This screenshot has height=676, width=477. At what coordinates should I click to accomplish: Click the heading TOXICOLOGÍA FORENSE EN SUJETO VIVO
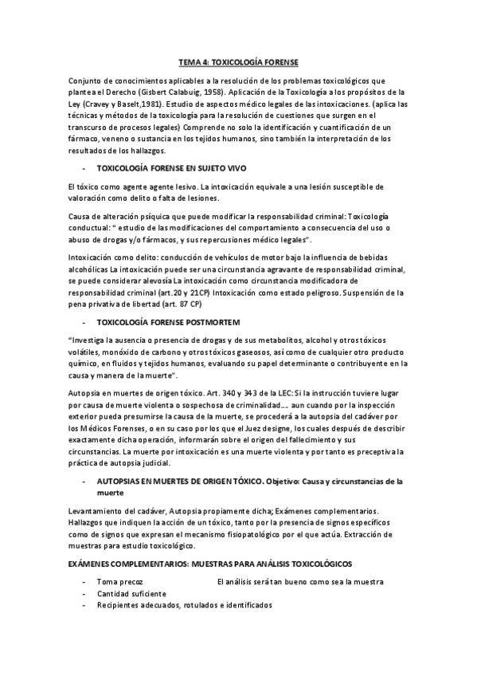click(171, 168)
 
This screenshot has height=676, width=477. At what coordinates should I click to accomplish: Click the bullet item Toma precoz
click(119, 582)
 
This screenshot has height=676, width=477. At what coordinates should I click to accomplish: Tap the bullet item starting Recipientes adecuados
click(184, 605)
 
